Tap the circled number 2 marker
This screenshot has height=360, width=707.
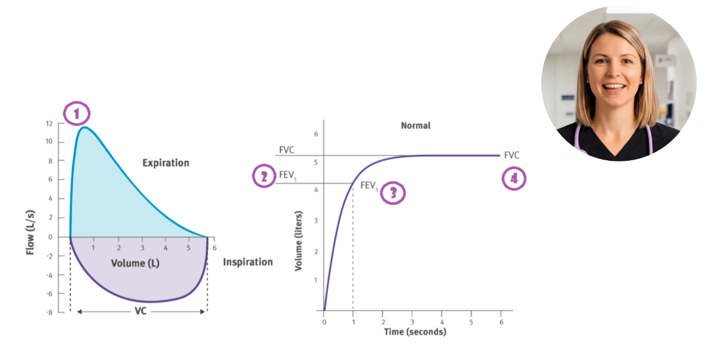pyautogui.click(x=264, y=177)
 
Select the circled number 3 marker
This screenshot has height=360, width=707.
pyautogui.click(x=393, y=193)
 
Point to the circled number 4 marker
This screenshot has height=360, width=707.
pyautogui.click(x=514, y=179)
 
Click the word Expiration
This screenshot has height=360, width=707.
pyautogui.click(x=166, y=163)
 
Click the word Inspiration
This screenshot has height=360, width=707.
pyautogui.click(x=248, y=262)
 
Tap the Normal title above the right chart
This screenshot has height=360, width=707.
pyautogui.click(x=416, y=125)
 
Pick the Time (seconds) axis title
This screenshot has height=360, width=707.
pyautogui.click(x=415, y=332)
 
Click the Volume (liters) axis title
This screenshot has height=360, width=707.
pyautogui.click(x=298, y=234)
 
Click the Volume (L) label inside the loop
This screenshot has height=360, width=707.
pyautogui.click(x=135, y=263)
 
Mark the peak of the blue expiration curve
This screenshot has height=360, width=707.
pyautogui.click(x=85, y=128)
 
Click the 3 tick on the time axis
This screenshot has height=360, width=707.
pyautogui.click(x=412, y=322)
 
